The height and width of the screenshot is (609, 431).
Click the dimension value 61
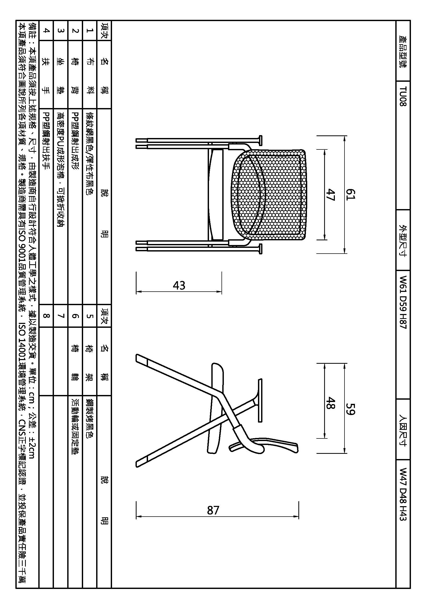350,194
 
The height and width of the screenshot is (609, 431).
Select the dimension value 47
331,194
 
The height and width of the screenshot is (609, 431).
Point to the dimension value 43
179,285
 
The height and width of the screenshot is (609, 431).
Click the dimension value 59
350,409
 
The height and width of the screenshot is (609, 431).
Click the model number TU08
403,96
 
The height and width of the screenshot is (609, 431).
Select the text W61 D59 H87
403,302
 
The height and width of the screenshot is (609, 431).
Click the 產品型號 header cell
403,52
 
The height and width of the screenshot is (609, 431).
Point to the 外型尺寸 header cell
403,240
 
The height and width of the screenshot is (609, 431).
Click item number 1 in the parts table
90,30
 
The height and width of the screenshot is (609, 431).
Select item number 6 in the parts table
75,316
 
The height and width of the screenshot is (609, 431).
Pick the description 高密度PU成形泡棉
61,148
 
